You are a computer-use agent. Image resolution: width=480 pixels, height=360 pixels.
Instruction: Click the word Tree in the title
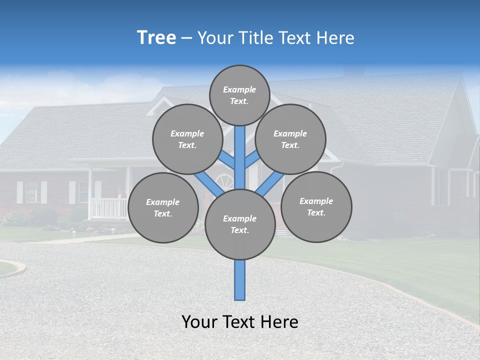tap(156, 37)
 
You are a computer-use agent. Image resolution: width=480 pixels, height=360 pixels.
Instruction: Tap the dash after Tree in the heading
tap(186, 38)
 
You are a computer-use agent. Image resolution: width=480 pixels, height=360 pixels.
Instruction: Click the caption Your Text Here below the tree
tap(239, 321)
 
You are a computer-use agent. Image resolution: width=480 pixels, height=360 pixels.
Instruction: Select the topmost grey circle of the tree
tap(239, 95)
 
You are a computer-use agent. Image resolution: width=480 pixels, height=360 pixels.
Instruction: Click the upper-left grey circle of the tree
tap(187, 139)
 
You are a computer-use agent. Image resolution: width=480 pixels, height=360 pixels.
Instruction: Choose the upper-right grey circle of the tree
tap(290, 139)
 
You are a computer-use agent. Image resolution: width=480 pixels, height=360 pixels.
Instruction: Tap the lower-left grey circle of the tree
tap(163, 207)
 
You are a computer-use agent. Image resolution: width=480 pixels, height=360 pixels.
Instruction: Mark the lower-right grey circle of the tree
tap(316, 206)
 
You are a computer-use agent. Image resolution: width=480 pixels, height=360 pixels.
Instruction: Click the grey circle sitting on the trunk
tap(240, 224)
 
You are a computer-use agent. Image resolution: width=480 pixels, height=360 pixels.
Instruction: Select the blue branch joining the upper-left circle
tap(226, 161)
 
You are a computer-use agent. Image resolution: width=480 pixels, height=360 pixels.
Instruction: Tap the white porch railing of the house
tap(109, 207)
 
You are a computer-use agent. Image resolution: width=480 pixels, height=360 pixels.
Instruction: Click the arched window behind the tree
tap(224, 181)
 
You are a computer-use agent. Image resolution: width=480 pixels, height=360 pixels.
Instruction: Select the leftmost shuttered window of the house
tap(32, 192)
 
